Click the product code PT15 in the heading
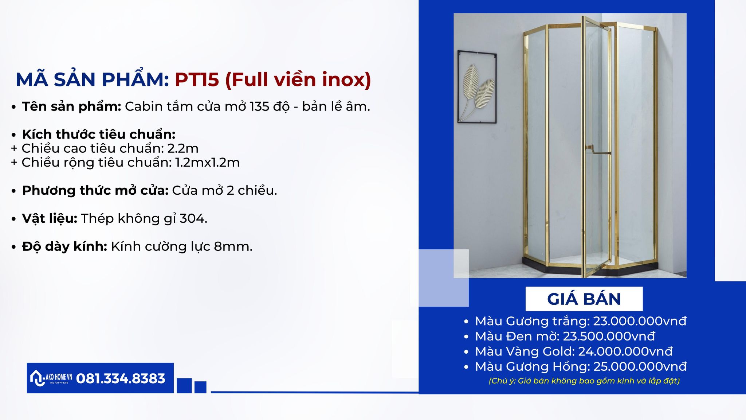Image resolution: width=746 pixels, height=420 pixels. coord(197,79)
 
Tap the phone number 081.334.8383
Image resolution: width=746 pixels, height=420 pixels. coord(121,378)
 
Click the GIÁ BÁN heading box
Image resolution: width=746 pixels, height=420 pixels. coord(584,299)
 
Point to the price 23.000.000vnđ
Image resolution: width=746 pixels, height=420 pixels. coord(640,321)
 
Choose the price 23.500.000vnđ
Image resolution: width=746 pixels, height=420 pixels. coord(609,336)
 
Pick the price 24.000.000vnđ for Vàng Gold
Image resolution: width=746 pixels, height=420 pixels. coord(625,351)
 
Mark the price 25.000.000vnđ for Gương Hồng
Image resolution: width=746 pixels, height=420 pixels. coord(640,366)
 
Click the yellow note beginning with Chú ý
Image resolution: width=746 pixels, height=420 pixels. coord(584,381)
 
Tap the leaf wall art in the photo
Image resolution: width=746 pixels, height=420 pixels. coord(477,87)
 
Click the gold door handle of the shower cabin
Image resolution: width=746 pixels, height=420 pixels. coord(597,150)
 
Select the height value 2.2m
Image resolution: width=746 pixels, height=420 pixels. coord(183,148)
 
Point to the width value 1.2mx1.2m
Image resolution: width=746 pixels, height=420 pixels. coord(207,163)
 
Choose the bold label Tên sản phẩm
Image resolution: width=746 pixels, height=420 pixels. coord(71,106)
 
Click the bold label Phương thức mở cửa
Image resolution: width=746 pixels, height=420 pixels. coord(95,190)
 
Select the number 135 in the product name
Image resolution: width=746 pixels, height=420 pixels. coord(259,106)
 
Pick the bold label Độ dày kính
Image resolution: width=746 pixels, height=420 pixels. coord(64,246)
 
